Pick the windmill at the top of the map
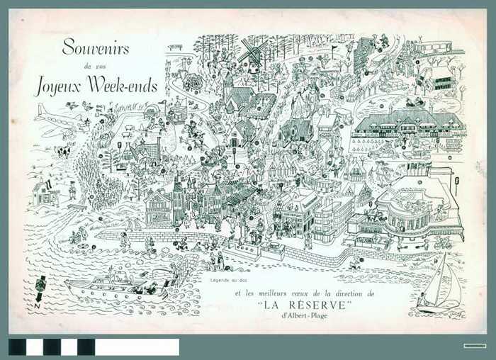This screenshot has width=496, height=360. pyautogui.click(x=252, y=57)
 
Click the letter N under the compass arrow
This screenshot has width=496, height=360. pyautogui.click(x=38, y=307)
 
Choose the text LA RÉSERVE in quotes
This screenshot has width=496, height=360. pyautogui.click(x=305, y=305)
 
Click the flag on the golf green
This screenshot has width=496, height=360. pyautogui.click(x=332, y=50)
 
